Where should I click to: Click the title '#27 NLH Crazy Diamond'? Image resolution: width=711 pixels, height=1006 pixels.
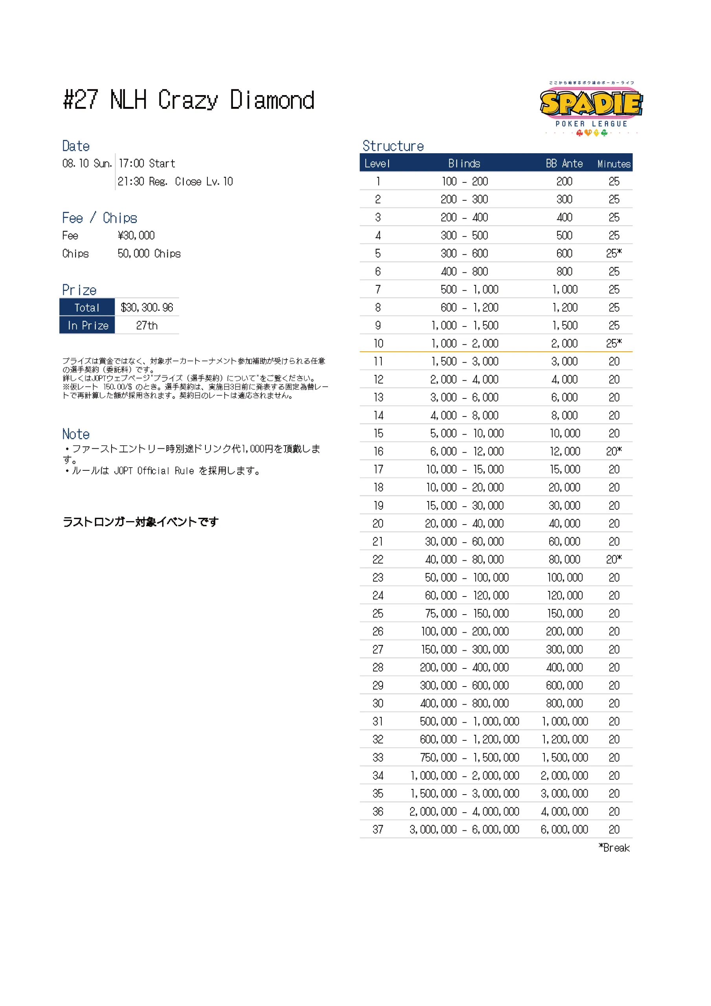[x=189, y=100]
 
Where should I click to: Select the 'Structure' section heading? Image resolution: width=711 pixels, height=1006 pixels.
[x=393, y=146]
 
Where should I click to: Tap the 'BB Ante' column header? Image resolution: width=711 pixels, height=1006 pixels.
[x=564, y=163]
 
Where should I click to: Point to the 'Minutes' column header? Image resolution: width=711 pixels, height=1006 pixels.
[x=613, y=164]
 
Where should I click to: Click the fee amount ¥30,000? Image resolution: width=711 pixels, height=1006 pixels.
[x=136, y=236]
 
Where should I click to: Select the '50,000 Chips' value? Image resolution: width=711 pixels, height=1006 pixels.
[x=149, y=254]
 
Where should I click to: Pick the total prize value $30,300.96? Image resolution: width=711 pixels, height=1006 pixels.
[x=147, y=308]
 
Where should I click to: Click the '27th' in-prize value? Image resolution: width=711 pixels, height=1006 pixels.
[x=147, y=325]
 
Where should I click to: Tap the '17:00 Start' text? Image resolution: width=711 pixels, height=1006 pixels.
[x=147, y=163]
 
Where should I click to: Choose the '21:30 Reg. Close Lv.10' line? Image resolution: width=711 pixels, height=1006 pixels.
[x=175, y=182]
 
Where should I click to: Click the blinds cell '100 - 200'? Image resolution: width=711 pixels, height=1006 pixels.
[x=464, y=182]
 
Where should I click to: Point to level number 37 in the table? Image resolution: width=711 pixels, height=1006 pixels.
[x=377, y=830]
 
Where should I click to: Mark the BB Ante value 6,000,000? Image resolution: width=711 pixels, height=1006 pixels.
[x=564, y=830]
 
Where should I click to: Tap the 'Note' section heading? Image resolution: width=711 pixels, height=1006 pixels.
[x=76, y=434]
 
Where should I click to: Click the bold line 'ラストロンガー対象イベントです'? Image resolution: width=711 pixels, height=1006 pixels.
[x=140, y=522]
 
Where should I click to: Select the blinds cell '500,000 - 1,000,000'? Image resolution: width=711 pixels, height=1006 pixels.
[x=469, y=721]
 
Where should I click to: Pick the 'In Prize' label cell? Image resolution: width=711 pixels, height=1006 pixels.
[x=88, y=325]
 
